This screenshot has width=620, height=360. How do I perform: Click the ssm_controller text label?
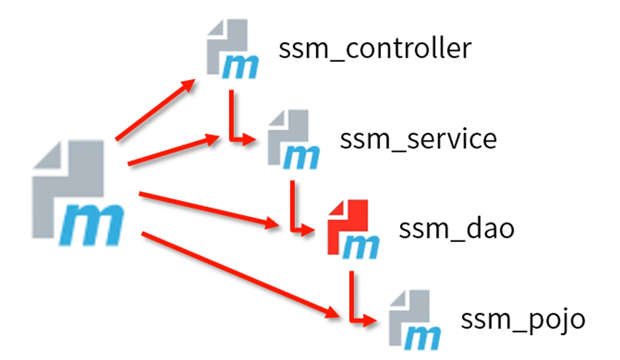(375, 49)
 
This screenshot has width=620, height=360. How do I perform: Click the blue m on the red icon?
(362, 245)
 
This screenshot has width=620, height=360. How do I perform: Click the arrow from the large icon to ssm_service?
(174, 150)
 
